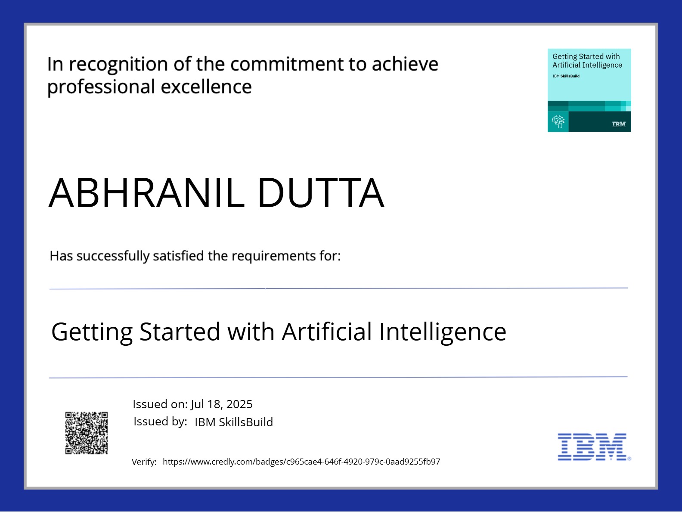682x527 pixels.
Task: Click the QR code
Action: tap(86, 433)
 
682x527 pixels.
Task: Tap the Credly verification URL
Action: tap(301, 462)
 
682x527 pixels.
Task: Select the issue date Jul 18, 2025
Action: tap(221, 404)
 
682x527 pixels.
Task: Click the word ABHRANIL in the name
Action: tap(146, 192)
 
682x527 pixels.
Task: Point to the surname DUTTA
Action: tap(321, 192)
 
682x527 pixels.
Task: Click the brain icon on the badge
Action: tap(558, 121)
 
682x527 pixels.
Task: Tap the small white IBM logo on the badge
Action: tap(619, 124)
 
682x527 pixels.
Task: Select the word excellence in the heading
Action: tap(206, 87)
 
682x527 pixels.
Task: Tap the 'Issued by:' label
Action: tap(160, 422)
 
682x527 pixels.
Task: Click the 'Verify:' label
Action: tap(144, 462)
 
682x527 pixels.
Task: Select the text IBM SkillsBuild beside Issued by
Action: tap(234, 422)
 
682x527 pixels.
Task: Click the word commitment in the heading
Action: tap(287, 64)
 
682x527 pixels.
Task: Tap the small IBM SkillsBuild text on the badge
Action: tap(566, 76)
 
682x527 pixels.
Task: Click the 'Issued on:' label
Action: tap(160, 404)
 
